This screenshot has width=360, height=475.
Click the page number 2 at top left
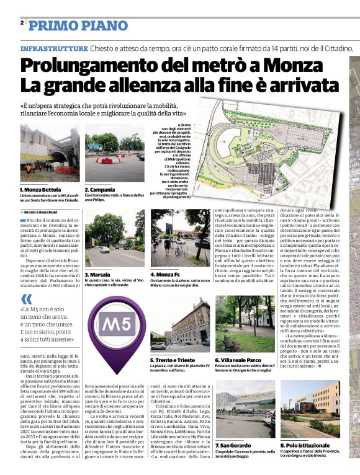(22, 22)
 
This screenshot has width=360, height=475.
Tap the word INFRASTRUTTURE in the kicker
(54, 48)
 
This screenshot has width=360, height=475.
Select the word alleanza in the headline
(156, 86)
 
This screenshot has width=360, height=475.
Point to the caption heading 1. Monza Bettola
(40, 190)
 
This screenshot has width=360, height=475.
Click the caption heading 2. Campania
(102, 190)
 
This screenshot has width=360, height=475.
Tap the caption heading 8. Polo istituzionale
(304, 446)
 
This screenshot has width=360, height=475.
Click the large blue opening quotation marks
(26, 300)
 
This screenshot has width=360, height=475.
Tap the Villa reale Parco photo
(244, 326)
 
